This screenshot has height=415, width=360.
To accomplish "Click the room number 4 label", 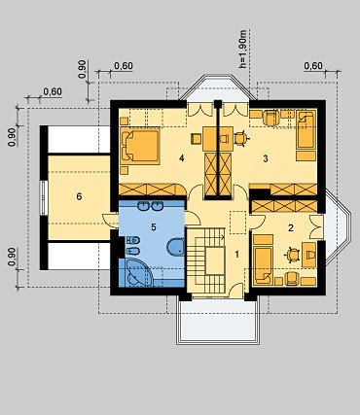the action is point(182,158).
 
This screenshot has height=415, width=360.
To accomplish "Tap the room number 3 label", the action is point(266,158).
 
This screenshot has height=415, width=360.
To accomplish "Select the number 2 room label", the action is point(291,227).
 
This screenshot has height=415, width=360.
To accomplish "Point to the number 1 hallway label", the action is point(237,255).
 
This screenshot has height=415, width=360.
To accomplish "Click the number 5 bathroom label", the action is point(154,227).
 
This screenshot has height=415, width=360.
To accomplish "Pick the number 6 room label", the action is point(79,196).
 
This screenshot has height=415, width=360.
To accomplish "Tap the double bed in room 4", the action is point(140,144).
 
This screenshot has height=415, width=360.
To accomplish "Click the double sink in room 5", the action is point(150,205).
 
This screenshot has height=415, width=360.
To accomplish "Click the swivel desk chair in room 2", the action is point(293,255).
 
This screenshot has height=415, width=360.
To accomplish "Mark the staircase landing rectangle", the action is point(215,260).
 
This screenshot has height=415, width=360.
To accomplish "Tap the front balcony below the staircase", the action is point(218,321).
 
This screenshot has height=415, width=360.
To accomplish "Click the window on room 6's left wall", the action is point(44,197).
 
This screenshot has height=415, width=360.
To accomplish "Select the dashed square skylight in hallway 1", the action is point(237,223).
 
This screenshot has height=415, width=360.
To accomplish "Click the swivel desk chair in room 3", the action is point(241,138).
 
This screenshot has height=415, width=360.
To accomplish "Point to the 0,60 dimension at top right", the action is point(313,66).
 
